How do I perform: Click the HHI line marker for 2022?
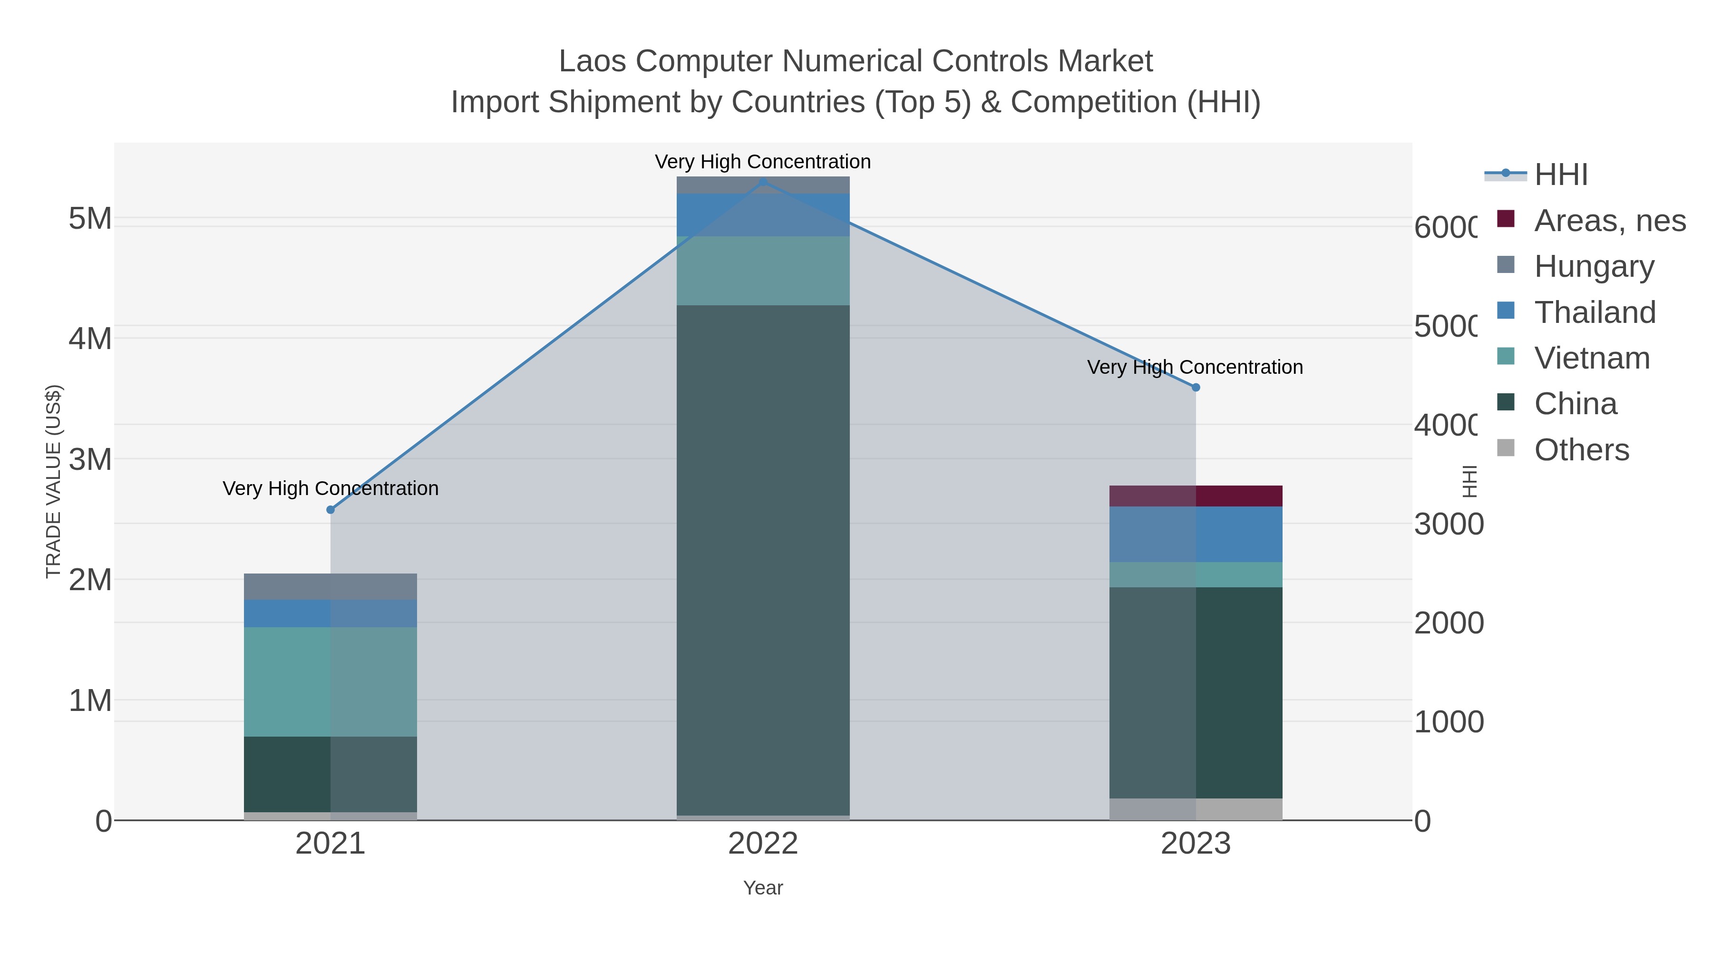[x=763, y=182]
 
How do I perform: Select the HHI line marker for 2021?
[x=331, y=510]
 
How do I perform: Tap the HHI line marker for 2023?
[x=1196, y=388]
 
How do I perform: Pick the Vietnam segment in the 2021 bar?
[x=331, y=681]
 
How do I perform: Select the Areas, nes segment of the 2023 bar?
[x=1196, y=496]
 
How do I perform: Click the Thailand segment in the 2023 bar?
[x=1196, y=535]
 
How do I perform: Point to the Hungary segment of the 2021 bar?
[x=331, y=586]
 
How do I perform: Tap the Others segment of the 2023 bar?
[x=1196, y=809]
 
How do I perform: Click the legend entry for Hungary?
[x=1594, y=266]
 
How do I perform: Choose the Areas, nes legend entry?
[x=1609, y=221]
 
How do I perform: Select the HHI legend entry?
[x=1560, y=175]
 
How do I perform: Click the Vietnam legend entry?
[x=1592, y=358]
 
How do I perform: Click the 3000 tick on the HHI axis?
[x=1448, y=525]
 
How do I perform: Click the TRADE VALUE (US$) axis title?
[x=54, y=481]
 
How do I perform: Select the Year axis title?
[x=763, y=888]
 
